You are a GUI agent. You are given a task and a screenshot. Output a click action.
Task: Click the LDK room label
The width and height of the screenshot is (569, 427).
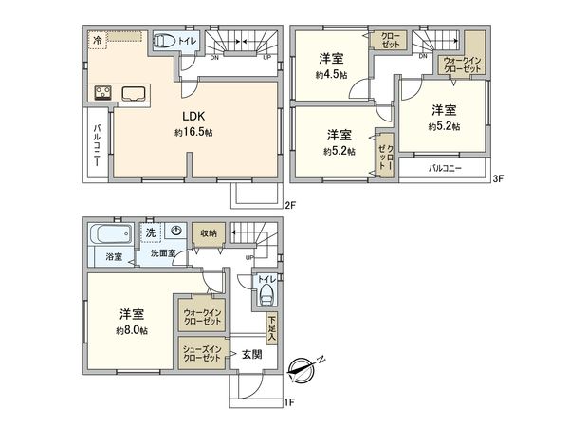pos(193,117)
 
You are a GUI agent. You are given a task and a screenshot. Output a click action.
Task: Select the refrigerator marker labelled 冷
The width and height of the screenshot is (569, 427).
pos(98,39)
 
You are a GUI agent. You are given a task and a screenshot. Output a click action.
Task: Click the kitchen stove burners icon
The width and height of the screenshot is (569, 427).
pos(102,93)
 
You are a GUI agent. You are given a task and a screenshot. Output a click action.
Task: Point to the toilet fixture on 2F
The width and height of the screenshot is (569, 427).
pos(164,41)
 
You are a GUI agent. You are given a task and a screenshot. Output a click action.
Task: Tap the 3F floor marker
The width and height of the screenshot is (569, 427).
pos(498,178)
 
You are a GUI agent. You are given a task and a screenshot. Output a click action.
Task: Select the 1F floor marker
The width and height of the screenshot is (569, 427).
pos(291,401)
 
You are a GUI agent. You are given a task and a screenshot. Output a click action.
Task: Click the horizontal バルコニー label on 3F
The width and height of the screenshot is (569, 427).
pos(444,168)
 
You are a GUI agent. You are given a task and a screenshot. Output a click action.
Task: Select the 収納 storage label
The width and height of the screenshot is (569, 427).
pos(207,232)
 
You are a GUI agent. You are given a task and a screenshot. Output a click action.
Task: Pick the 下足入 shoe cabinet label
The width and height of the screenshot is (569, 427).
pos(271,327)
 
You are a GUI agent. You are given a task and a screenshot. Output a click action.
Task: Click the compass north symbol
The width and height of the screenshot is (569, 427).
pos(310,365)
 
